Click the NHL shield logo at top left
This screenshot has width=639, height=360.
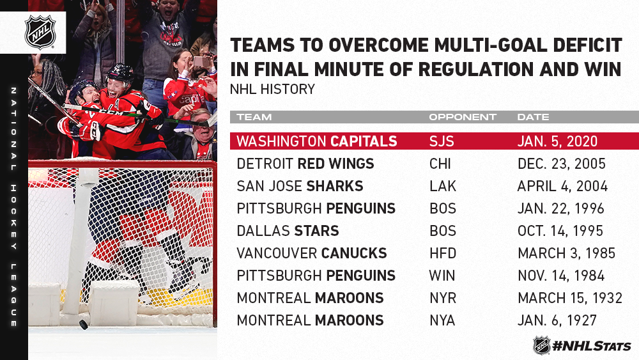tap(40, 33)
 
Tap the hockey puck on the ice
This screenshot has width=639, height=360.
tap(84, 325)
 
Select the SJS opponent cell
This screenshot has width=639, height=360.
tap(442, 141)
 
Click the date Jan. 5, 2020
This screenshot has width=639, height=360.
tap(557, 141)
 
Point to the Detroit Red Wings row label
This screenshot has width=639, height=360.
tap(305, 164)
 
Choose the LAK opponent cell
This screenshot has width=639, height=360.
tap(443, 186)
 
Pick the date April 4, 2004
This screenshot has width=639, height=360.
tap(562, 186)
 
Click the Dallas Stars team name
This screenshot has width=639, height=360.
tap(288, 231)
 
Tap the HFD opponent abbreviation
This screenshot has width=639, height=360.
tap(443, 253)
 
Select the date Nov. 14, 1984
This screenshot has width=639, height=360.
tap(561, 276)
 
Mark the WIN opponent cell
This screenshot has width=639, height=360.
tap(442, 276)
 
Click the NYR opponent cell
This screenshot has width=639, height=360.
tap(443, 298)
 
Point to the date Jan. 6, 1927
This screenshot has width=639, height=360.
tap(557, 320)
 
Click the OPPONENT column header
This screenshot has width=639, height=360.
tap(463, 118)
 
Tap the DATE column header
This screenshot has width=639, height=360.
tap(533, 118)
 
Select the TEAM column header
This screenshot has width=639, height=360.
tap(254, 118)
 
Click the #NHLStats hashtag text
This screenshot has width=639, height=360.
tap(592, 347)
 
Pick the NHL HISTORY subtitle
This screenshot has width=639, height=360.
tap(272, 90)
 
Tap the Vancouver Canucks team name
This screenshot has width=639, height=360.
tap(312, 253)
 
